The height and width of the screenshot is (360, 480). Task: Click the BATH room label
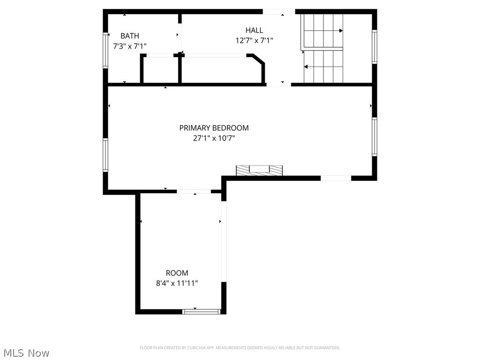coord(129,36)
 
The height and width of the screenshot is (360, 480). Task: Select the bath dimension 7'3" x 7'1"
coord(130,46)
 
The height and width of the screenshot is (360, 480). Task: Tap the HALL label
coord(254,30)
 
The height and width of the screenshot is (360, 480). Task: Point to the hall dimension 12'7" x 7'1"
coord(254,41)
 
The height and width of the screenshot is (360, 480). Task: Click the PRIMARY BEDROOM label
coord(214,128)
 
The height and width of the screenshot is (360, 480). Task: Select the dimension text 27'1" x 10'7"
coord(214,138)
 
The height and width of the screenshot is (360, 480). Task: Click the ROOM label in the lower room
coord(177,273)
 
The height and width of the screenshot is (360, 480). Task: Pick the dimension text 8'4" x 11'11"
coord(177,283)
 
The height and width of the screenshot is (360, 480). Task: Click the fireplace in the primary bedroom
coord(259,170)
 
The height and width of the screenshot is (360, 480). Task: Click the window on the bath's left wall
coord(106,50)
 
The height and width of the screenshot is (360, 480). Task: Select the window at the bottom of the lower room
coord(201,311)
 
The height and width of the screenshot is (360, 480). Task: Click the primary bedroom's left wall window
coord(106,155)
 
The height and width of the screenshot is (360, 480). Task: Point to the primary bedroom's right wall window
coord(374,136)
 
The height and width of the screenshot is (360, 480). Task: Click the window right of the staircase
coord(374,46)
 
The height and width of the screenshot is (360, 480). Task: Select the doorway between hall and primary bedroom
coord(279,84)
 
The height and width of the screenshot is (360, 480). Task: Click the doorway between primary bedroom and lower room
coord(194,191)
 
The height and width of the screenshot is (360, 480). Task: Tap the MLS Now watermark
coord(26,352)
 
